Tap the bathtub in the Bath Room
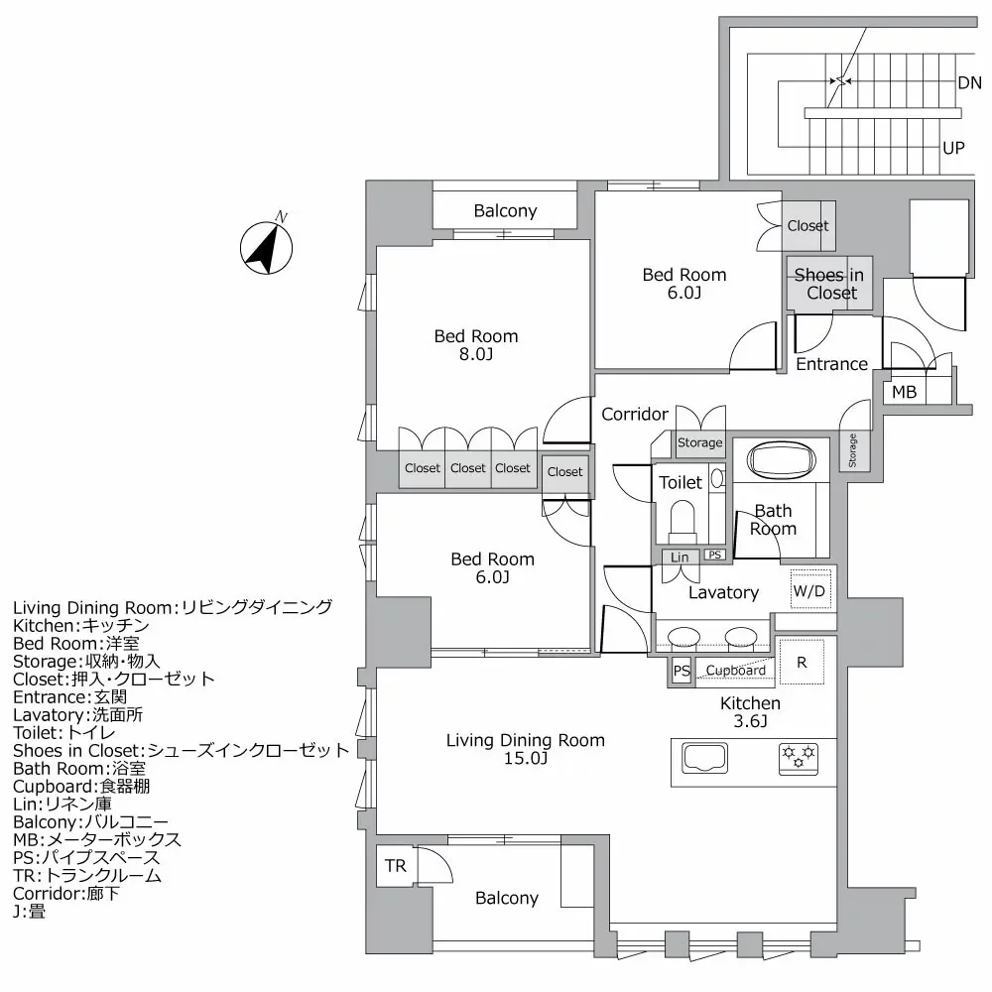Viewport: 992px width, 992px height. point(780,461)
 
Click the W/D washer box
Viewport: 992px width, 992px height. point(808,591)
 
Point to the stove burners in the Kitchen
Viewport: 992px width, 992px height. point(799,758)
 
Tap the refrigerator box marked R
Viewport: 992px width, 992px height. point(802,663)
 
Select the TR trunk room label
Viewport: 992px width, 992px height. point(396,866)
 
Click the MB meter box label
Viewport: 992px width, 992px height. point(904,392)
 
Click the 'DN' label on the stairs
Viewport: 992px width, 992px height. point(969,83)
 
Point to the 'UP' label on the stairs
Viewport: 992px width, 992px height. point(953,148)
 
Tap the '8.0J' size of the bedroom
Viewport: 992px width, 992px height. point(476,354)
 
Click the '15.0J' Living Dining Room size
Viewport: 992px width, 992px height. point(525,759)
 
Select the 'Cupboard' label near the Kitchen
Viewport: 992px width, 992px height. point(736,671)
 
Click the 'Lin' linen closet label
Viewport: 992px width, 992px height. point(680,558)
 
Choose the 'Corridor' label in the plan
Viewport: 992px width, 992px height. point(635,414)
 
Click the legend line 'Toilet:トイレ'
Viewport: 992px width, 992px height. point(67,732)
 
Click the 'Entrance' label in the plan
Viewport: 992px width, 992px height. point(831,364)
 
